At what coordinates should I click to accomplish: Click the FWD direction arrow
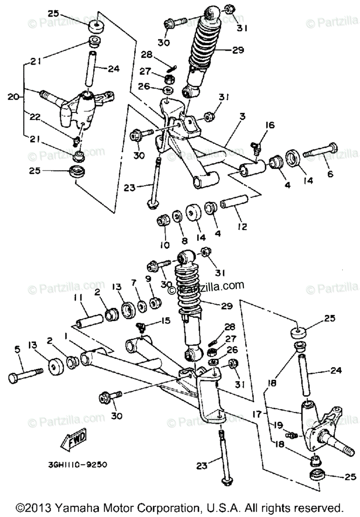click(x=74, y=441)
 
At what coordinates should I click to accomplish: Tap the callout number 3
click(x=243, y=117)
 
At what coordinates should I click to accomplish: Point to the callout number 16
click(x=270, y=125)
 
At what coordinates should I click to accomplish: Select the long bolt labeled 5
click(x=25, y=375)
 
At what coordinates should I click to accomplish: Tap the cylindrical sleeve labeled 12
click(x=235, y=201)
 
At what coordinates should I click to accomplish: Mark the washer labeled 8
click(x=177, y=216)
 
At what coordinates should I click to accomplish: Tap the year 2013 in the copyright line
click(x=41, y=507)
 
